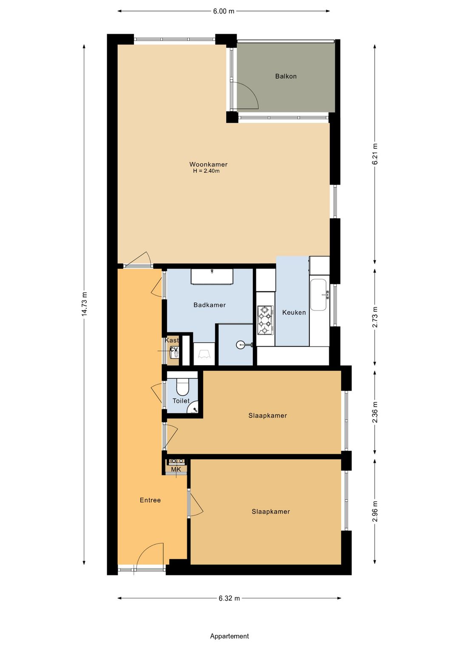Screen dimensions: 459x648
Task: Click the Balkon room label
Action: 286,76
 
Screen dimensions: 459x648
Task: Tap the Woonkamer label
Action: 208,164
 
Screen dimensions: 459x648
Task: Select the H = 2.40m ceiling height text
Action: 206,171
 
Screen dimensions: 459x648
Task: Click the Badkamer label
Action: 210,305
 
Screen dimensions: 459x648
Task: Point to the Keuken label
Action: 294,313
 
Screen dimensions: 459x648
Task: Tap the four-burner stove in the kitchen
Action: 265,320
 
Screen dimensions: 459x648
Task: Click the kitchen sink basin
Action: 319,295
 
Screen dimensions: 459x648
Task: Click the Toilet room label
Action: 181,401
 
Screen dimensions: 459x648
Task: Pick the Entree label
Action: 150,500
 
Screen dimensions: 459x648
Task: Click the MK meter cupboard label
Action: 176,470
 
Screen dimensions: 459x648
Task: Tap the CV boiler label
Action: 174,349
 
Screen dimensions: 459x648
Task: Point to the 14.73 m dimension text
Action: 84,304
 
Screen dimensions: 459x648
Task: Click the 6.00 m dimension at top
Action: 224,11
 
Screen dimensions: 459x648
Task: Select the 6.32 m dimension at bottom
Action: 229,598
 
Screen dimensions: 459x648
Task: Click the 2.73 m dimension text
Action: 375,317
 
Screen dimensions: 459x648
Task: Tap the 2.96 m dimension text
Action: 375,511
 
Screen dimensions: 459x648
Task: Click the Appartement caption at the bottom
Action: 229,636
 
